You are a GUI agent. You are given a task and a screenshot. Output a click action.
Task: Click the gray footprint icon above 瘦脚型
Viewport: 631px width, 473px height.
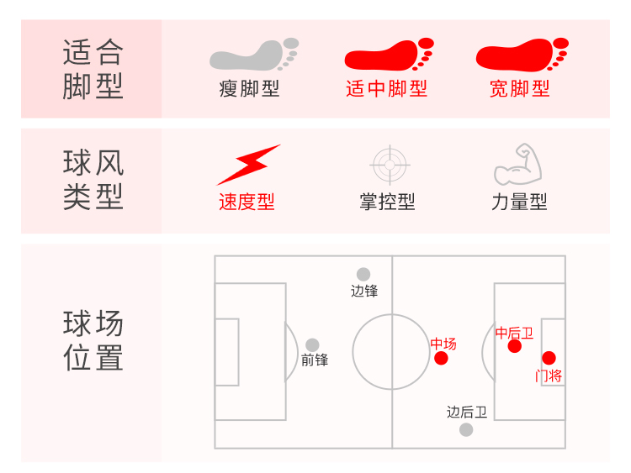tap(252, 55)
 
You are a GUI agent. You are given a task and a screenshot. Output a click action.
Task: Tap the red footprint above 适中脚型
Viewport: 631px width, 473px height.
tap(388, 55)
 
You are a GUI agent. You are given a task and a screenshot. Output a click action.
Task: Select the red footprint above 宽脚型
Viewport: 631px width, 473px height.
tap(521, 55)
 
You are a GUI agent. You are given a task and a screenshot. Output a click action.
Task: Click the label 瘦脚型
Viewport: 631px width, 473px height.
tap(250, 89)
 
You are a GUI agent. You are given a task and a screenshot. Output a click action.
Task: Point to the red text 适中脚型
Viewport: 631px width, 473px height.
tap(387, 89)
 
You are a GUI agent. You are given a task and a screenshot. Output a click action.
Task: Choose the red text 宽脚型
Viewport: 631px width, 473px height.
tap(520, 89)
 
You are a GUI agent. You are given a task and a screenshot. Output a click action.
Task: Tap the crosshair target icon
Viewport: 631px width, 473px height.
tap(389, 165)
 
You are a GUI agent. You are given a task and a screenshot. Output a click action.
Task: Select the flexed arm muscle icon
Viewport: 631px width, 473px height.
tap(518, 165)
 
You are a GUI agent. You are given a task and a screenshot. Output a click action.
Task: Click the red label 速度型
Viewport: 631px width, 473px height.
tap(247, 202)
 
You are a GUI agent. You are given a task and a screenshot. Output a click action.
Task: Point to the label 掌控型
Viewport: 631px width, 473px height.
tap(388, 202)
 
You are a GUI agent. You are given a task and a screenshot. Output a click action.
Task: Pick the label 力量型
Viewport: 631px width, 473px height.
tap(520, 202)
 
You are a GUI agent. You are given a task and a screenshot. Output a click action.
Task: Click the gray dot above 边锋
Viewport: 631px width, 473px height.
tap(363, 274)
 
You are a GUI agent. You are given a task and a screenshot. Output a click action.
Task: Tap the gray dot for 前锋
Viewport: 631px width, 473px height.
tap(312, 344)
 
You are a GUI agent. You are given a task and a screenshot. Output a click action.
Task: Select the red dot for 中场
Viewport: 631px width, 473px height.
tap(441, 359)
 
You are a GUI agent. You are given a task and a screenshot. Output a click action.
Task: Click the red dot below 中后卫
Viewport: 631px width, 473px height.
tap(515, 346)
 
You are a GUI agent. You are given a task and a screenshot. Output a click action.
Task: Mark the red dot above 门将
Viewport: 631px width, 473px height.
tap(549, 358)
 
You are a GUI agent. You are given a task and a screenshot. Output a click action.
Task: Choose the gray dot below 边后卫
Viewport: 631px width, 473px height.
tap(466, 429)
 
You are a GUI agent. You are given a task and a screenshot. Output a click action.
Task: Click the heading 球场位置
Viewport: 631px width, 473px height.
tap(93, 341)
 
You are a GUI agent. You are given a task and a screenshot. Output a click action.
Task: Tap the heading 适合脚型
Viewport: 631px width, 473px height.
tap(93, 69)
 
